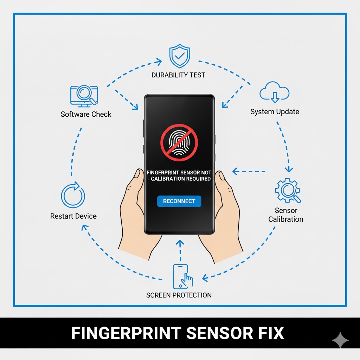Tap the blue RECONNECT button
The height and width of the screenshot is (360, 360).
(x=179, y=201)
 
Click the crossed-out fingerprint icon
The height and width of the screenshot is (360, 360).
(x=179, y=141)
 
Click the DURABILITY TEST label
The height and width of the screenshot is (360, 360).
(x=178, y=75)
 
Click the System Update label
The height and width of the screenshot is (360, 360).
(x=275, y=112)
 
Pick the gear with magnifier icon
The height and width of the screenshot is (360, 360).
(x=288, y=191)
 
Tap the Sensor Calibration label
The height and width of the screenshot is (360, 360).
(x=285, y=215)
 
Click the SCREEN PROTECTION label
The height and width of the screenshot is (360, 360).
(x=179, y=295)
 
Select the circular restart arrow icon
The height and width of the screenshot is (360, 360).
(x=73, y=195)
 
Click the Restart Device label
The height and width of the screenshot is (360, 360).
(x=73, y=216)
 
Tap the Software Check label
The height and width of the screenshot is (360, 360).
(x=86, y=114)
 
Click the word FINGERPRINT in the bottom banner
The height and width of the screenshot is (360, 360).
(x=126, y=333)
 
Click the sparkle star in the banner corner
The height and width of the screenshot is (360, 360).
(x=340, y=340)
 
